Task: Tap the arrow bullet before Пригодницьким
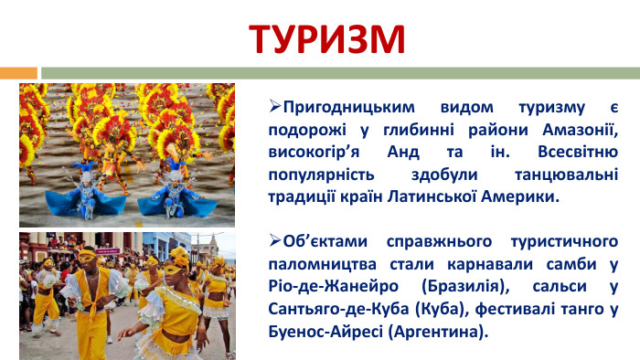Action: [x=275, y=105]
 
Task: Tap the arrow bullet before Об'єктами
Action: [x=275, y=242]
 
